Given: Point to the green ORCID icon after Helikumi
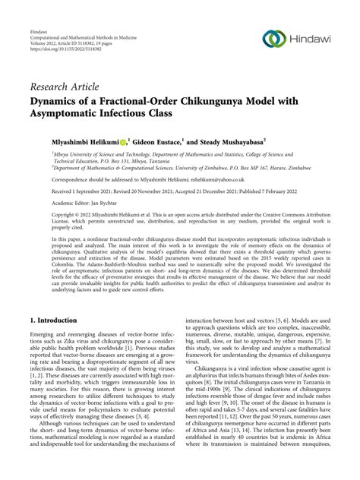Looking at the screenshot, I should [122, 141].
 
